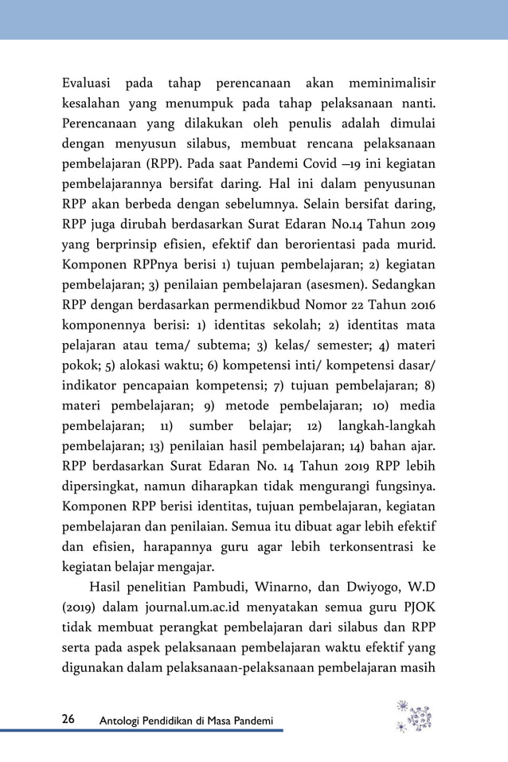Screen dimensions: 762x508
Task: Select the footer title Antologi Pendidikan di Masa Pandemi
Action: click(186, 721)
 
